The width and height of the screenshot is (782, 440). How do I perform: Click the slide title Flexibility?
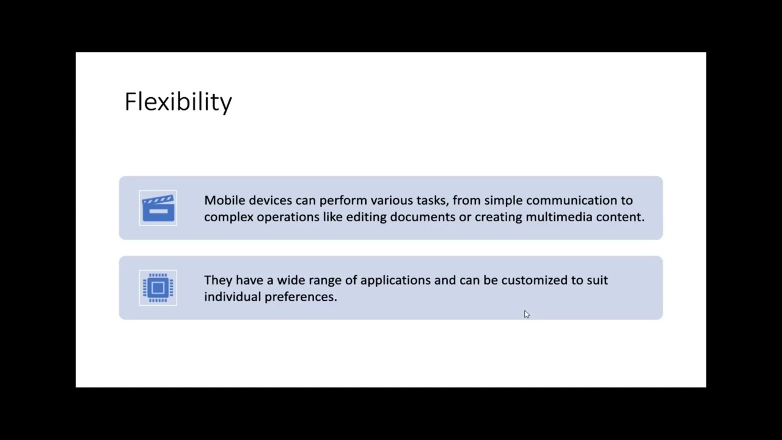point(178,101)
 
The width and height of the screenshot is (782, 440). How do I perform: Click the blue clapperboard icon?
point(158,208)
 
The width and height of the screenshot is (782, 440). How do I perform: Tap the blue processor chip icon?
point(158,287)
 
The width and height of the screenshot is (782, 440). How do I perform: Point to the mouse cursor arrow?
point(527,314)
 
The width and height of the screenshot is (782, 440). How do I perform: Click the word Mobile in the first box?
point(224,200)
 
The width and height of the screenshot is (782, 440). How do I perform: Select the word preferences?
point(300,296)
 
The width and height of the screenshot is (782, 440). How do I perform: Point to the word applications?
point(395,280)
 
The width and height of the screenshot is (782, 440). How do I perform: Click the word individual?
point(232,296)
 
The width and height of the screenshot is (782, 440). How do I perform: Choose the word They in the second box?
point(217,280)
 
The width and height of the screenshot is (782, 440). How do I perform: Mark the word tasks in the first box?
point(431,200)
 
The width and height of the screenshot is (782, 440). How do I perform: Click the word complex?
point(228,217)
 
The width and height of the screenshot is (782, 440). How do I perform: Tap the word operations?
point(283,217)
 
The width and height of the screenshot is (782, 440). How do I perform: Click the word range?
point(325,280)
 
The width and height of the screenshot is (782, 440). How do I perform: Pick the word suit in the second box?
point(597,280)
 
